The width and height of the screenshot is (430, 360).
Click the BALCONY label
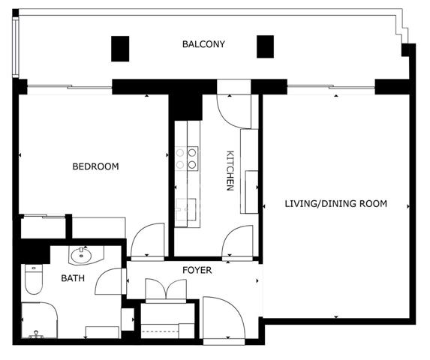(203, 44)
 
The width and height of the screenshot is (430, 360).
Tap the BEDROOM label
(95, 166)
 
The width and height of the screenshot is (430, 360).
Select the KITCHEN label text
(230, 170)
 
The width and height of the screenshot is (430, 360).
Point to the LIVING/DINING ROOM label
(336, 203)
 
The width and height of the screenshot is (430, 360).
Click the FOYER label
(197, 270)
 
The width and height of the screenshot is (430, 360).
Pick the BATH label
(73, 278)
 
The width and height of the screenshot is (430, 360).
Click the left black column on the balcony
(120, 49)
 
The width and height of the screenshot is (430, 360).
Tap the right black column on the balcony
(265, 46)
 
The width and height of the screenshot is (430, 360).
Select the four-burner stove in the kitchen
(186, 159)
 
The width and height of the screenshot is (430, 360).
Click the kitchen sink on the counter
(186, 209)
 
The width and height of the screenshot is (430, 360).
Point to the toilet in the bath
(34, 279)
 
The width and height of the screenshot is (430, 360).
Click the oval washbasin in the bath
(81, 256)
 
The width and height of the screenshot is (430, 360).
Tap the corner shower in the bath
(39, 320)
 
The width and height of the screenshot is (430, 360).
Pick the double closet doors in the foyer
(166, 289)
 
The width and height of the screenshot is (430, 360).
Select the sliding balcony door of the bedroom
(70, 87)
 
